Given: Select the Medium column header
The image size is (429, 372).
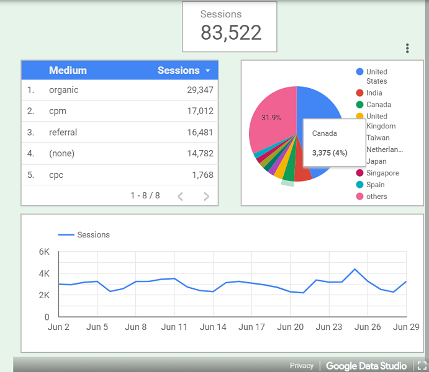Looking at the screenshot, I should [68, 71].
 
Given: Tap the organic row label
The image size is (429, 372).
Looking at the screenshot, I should [64, 90].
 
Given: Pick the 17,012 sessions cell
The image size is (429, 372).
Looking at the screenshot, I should [200, 111].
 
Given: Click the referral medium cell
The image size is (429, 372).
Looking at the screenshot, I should [63, 132].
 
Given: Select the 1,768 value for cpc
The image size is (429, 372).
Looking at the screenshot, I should [202, 175].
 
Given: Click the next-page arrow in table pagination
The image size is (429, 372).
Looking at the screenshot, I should [206, 197].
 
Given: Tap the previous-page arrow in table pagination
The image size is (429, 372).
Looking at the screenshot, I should [180, 197].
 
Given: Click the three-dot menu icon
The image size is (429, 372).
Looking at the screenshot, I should [407, 48].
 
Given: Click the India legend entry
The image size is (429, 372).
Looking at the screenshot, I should [374, 93].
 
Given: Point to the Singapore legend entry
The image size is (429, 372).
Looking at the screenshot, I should [383, 173].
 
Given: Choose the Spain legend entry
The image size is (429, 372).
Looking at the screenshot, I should [375, 185].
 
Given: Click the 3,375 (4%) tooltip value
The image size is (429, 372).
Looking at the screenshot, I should [330, 153].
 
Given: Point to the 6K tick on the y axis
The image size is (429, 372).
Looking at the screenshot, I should [44, 252].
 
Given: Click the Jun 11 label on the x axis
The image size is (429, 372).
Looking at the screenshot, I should [174, 327].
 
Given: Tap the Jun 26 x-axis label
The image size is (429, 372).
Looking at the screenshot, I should [368, 327].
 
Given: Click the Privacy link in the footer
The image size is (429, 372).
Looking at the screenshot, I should [302, 366].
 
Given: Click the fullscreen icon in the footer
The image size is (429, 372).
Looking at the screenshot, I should [422, 366].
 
